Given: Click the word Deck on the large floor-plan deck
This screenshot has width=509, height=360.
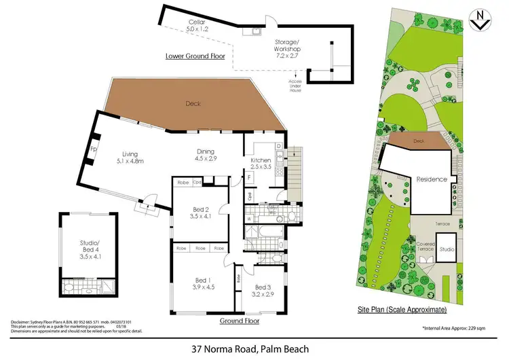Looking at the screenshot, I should [195, 104].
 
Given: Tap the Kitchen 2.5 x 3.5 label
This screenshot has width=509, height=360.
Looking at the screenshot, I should [260, 162].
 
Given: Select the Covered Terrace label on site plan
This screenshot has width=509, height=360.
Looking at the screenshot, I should [425, 247].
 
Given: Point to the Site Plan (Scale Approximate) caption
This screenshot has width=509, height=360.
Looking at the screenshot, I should [402, 309].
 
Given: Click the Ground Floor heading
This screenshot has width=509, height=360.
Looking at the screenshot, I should [240, 320].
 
